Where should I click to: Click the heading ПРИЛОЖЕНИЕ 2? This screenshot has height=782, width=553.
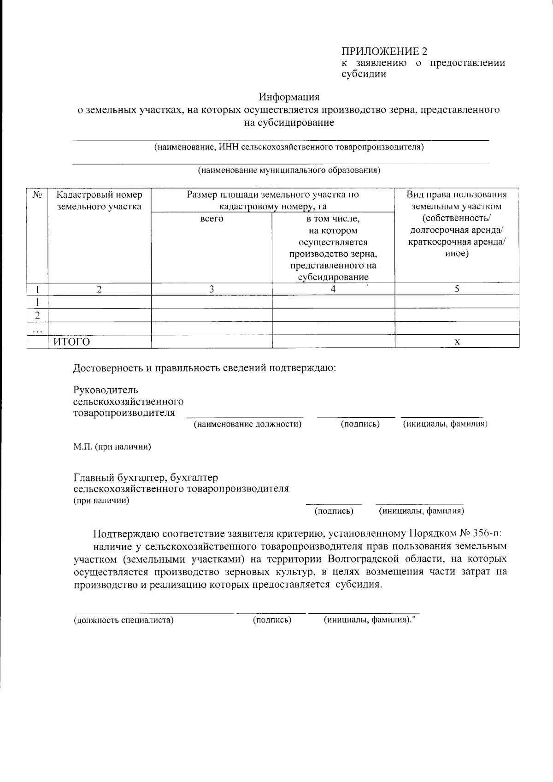pyautogui.click(x=384, y=51)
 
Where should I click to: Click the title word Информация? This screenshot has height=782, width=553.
pyautogui.click(x=289, y=97)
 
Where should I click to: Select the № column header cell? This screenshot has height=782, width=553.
pyautogui.click(x=37, y=195)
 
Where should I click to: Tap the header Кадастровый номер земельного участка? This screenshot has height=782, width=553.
pyautogui.click(x=99, y=201)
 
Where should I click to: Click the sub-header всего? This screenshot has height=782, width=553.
pyautogui.click(x=212, y=219)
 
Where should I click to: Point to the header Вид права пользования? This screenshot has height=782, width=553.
pyautogui.click(x=456, y=195)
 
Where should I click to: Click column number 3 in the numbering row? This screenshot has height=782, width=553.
pyautogui.click(x=212, y=289)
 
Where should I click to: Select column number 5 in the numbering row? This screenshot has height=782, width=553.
pyautogui.click(x=457, y=289)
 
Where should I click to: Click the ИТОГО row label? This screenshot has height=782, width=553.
pyautogui.click(x=71, y=342)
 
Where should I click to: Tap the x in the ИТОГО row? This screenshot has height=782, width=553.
pyautogui.click(x=457, y=342)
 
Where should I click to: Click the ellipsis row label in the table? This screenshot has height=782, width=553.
pyautogui.click(x=38, y=329)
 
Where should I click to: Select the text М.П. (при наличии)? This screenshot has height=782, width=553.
pyautogui.click(x=113, y=447)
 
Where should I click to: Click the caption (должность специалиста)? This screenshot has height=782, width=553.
pyautogui.click(x=124, y=620)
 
